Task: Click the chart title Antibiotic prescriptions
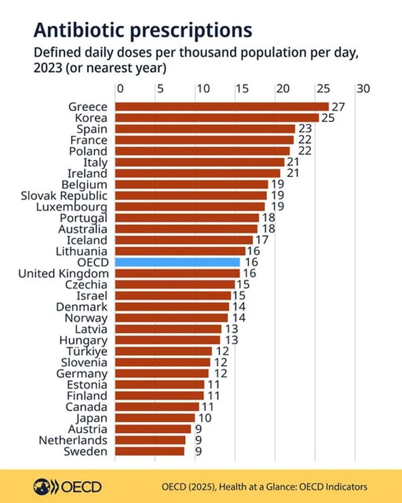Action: point(142,30)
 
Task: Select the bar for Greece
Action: point(221,107)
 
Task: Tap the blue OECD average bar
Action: point(177,262)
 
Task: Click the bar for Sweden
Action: point(149,451)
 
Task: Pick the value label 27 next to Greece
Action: point(338,107)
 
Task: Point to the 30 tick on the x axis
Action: point(363,89)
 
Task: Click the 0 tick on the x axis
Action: point(120,89)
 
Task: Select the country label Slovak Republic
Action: point(64,195)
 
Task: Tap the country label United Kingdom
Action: point(63,274)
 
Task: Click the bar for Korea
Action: point(217,118)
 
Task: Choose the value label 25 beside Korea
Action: point(328,118)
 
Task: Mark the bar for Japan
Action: point(154,418)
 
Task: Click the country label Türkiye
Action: point(87,351)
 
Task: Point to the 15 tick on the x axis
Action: point(241,89)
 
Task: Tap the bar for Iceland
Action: point(184,240)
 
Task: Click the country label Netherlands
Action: point(73,440)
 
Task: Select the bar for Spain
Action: point(205,129)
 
